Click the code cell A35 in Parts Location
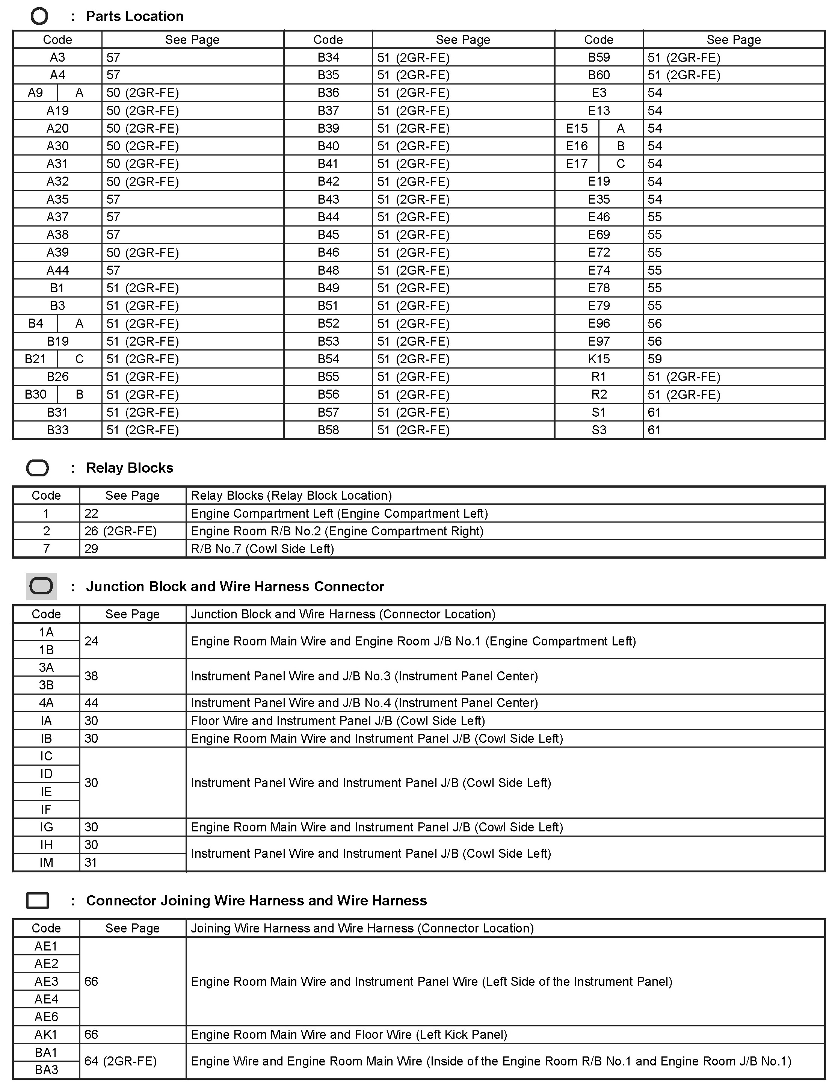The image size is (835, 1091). click(x=57, y=199)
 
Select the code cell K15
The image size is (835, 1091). click(x=598, y=359)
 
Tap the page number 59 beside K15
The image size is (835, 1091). click(x=655, y=359)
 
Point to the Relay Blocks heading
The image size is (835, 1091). click(x=129, y=468)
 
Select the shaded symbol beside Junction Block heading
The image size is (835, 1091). click(x=41, y=586)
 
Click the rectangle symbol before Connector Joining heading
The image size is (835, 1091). click(x=37, y=901)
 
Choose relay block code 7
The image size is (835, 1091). click(x=46, y=549)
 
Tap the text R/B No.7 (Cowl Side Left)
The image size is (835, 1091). click(x=262, y=549)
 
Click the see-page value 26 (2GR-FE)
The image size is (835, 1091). click(x=120, y=531)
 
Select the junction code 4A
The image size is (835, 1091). click(x=46, y=703)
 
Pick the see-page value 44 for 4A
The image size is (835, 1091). click(x=91, y=703)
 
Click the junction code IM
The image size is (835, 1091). click(x=46, y=862)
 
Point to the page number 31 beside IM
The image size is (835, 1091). click(x=91, y=862)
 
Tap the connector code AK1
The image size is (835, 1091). click(x=46, y=1034)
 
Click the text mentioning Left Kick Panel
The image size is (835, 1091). click(x=349, y=1034)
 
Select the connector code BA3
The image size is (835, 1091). click(x=46, y=1070)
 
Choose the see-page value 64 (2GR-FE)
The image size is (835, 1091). click(x=120, y=1061)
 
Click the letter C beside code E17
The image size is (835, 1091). click(x=620, y=163)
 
